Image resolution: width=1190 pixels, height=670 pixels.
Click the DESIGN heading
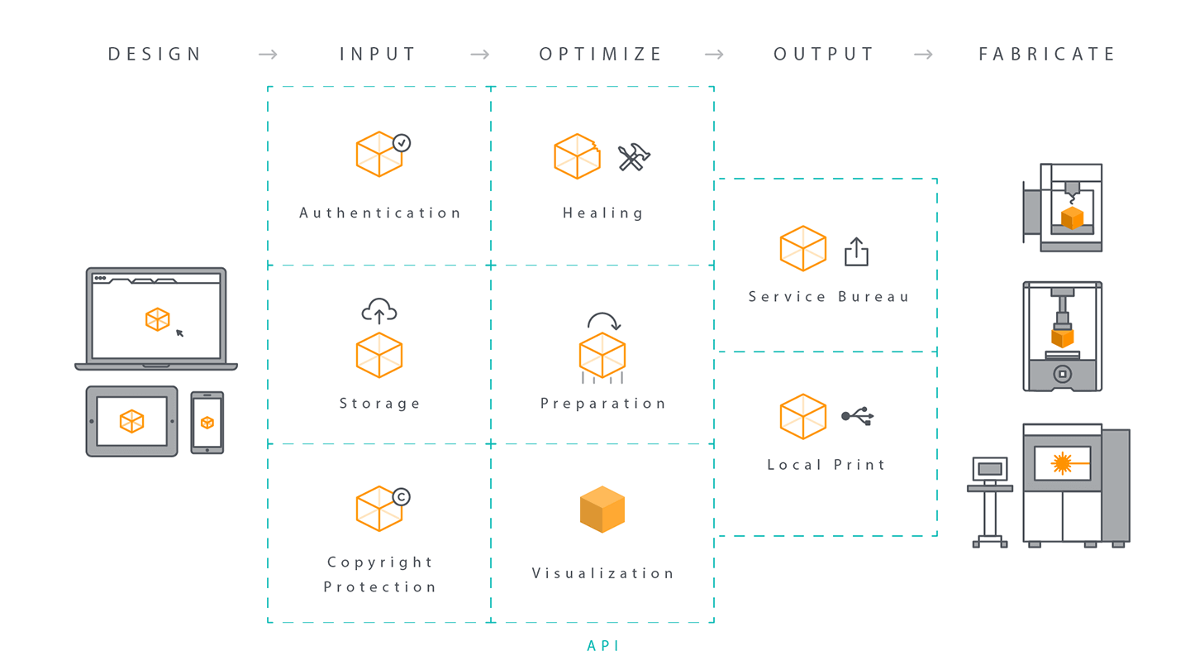(155, 55)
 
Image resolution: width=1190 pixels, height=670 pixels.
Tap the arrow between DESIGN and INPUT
(268, 55)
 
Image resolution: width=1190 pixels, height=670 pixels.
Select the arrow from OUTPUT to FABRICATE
(923, 55)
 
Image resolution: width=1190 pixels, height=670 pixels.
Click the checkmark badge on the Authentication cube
(402, 143)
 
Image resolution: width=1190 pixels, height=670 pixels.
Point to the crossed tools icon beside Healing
(634, 157)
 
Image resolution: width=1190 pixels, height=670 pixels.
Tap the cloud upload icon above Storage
(379, 311)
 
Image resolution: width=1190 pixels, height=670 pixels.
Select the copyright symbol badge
(402, 496)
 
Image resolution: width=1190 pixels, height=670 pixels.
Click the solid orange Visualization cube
(602, 510)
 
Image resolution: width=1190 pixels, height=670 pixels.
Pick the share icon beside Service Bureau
(856, 251)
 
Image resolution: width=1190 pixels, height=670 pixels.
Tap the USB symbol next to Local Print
(858, 416)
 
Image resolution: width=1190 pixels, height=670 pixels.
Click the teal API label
(602, 645)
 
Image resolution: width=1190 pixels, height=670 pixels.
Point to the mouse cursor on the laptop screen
(179, 333)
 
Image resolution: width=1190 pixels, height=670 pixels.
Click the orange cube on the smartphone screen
(207, 423)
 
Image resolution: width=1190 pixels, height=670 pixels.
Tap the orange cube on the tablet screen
(131, 422)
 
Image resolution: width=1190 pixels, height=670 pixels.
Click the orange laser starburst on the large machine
(1062, 463)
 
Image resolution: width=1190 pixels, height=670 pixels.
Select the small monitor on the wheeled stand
(990, 470)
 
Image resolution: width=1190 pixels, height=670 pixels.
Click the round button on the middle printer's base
(1063, 374)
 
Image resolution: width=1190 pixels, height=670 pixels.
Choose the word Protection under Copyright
(379, 587)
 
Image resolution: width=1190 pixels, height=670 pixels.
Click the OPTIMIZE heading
(600, 55)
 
